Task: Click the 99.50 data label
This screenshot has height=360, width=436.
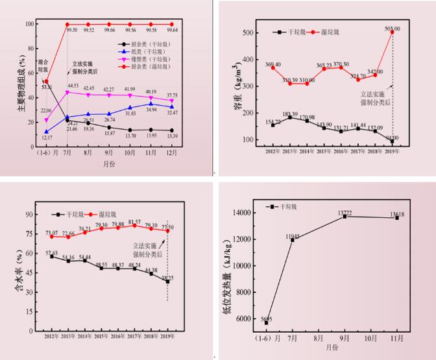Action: point(72,30)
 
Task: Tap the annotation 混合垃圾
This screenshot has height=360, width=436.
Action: point(44,66)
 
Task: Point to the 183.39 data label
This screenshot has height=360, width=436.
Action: point(290,114)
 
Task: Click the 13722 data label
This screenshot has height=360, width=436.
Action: point(345,212)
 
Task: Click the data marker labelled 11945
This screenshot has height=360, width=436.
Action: point(292,240)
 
